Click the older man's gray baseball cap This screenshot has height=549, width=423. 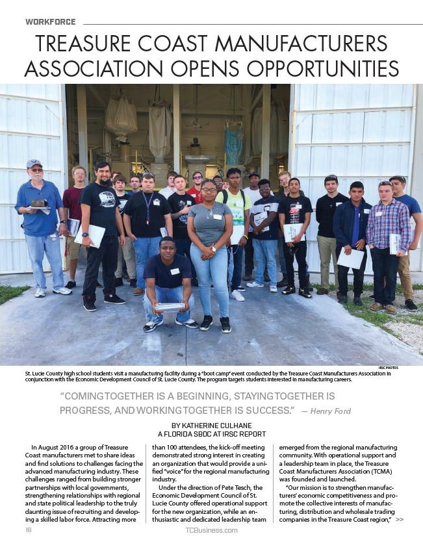pos(34,164)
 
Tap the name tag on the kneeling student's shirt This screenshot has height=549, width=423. pos(174,272)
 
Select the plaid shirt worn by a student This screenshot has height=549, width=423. pos(387,223)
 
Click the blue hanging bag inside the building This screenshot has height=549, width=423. pos(234,146)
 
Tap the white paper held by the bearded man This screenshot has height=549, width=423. pos(90,235)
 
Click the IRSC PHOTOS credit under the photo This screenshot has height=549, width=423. pos(387,368)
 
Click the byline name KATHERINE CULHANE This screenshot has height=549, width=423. pos(222,425)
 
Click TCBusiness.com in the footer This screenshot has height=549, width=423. pos(211,530)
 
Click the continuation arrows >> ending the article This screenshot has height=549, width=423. pos(399,520)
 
